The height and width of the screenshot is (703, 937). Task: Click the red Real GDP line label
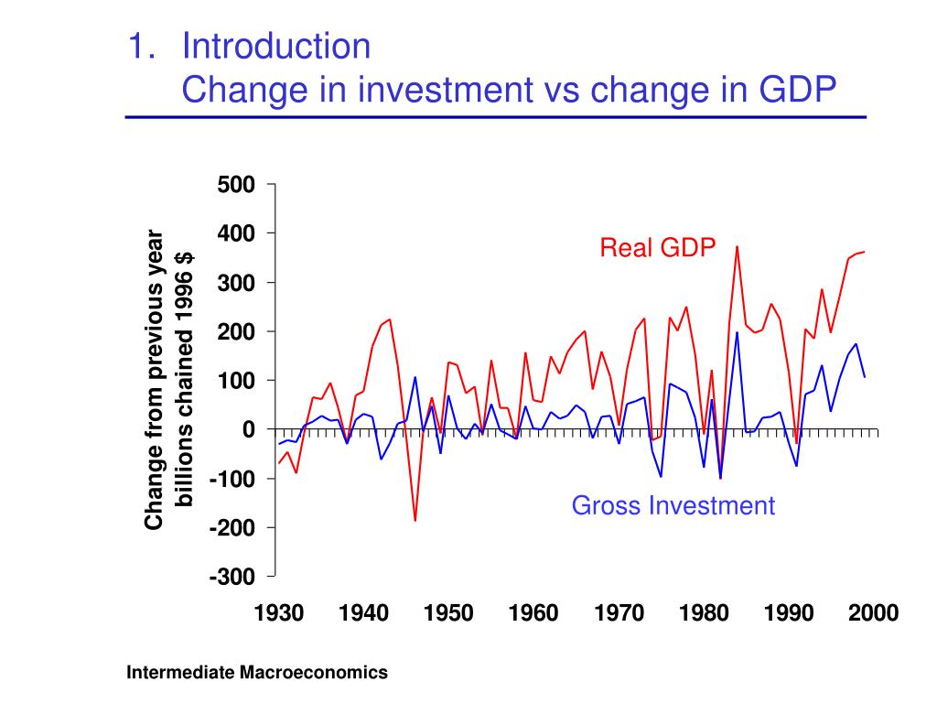(657, 247)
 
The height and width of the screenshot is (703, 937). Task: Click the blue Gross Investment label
(673, 505)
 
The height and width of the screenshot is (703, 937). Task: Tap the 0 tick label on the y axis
(249, 429)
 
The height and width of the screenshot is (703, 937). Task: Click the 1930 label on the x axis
(279, 613)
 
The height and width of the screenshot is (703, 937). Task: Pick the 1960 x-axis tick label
(533, 613)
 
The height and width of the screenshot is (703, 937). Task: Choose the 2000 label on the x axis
(873, 613)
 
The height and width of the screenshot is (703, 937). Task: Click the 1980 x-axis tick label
(704, 613)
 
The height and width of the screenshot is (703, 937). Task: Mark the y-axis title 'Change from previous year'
(155, 380)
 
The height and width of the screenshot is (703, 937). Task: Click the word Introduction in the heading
(276, 45)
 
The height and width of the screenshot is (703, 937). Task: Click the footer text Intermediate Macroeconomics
(257, 673)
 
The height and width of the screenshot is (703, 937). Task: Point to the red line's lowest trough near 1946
(415, 520)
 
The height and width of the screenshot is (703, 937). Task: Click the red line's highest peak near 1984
(737, 247)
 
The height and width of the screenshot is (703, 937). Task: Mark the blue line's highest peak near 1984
(737, 333)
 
